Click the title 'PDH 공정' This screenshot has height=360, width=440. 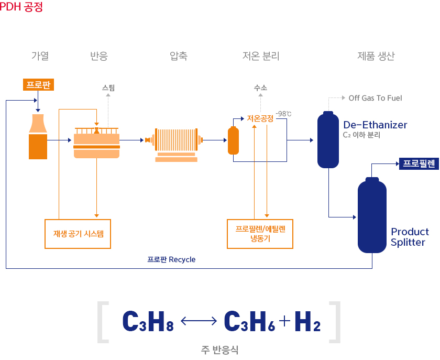pos(21,8)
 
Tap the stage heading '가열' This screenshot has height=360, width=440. pos(40,56)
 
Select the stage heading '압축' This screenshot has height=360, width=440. pos(179,56)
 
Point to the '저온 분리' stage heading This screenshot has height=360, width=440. pos(261,56)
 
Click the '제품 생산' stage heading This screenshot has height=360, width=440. pos(376,56)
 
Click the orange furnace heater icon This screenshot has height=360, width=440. pos(38,136)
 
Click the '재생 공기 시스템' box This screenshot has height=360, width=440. pos(78,234)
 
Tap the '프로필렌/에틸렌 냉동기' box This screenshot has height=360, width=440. pos(260,234)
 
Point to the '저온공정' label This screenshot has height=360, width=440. pos(260,119)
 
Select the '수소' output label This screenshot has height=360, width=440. pos(260,88)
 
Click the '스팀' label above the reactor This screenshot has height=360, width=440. pos(108,88)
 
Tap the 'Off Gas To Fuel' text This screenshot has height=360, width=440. pos(375,98)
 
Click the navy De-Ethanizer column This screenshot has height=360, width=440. pos(328,140)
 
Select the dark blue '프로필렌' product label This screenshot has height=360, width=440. pos(419,163)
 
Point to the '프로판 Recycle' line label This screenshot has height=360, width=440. pos(171,259)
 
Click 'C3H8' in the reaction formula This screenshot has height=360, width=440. pos(147,322)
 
